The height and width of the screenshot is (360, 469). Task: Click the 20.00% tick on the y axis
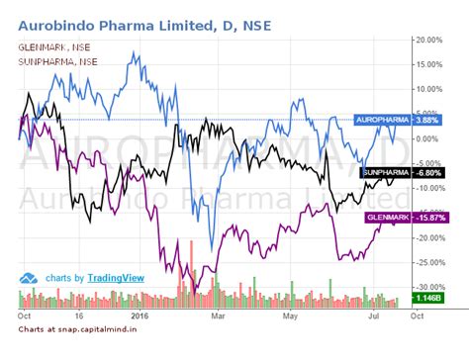428,40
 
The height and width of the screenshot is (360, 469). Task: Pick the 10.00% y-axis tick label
428,88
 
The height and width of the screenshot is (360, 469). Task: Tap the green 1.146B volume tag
427,298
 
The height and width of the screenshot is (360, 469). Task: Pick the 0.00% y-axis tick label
428,137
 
